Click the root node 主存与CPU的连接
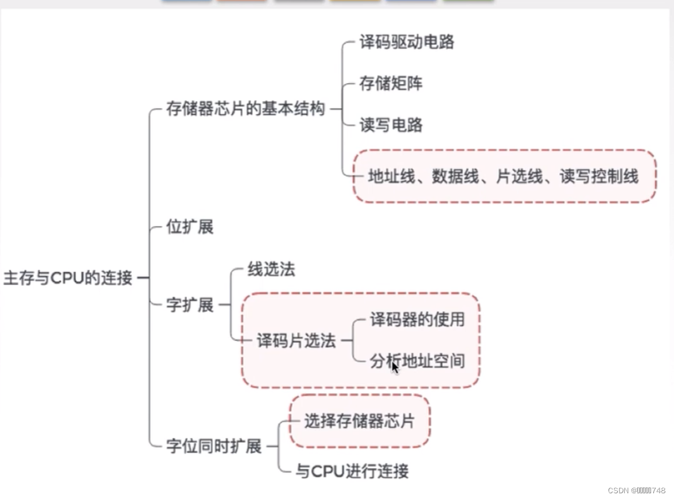(68, 278)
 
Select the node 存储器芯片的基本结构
(246, 109)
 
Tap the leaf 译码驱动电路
(407, 42)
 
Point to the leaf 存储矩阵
(391, 83)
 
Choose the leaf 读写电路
(391, 125)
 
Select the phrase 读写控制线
(599, 176)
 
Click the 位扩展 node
(189, 227)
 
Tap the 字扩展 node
(189, 305)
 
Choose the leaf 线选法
(271, 269)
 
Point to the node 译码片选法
(296, 341)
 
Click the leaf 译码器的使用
(417, 319)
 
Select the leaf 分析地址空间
(417, 361)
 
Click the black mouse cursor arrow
(395, 367)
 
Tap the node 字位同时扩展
(214, 446)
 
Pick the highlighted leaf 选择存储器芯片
(359, 421)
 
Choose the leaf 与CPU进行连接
(352, 471)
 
